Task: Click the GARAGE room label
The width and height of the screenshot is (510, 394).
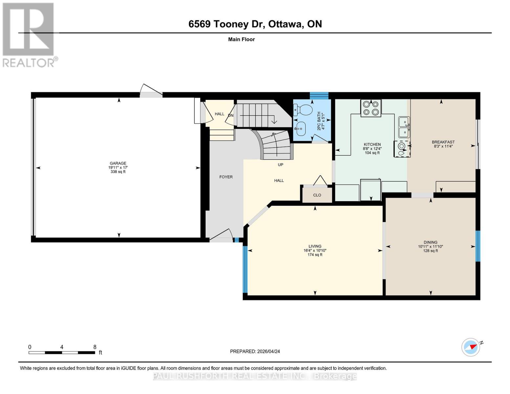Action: pos(118,163)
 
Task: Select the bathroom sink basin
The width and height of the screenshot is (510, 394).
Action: pos(300,129)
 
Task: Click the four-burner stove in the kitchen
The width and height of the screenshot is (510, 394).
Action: pos(371,108)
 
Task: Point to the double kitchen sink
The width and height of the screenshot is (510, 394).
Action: pos(404,127)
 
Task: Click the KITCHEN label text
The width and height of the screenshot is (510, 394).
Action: pos(372,144)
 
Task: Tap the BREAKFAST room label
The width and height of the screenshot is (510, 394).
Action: pos(443,142)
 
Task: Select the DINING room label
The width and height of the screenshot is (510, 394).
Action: pos(431,242)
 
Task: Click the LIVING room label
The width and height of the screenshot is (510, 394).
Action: pos(315,246)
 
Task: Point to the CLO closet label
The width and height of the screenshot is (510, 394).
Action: pos(317,195)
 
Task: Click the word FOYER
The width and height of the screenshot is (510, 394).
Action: pos(226,177)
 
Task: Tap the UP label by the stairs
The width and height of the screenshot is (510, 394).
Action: pos(280,165)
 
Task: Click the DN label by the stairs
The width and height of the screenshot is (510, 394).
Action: pos(231,116)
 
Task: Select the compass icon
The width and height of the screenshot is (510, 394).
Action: pos(471,347)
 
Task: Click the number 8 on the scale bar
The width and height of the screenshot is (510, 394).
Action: pos(95,347)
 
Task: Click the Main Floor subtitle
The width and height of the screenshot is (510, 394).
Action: pos(241,39)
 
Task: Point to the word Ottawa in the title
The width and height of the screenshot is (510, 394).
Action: pos(285,24)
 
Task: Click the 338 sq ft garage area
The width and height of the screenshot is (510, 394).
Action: pos(118,171)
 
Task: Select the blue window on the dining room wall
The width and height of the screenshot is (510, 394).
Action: pos(478,246)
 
